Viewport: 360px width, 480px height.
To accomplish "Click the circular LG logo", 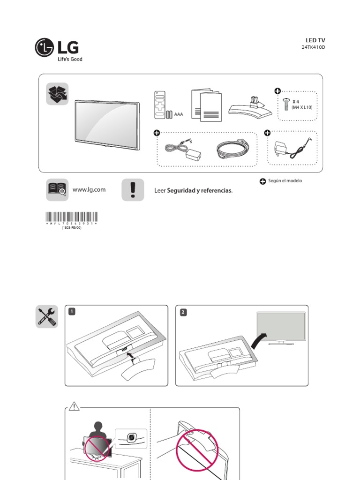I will (45, 47).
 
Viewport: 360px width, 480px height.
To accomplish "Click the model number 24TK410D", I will (313, 48).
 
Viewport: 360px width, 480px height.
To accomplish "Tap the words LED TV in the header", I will (315, 40).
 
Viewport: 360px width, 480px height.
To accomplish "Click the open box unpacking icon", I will (57, 94).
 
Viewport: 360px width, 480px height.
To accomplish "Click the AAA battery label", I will (178, 114).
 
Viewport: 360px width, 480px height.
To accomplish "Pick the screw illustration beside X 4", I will (285, 103).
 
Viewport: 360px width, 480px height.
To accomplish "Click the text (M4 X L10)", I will (302, 108).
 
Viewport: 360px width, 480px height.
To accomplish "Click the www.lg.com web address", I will (89, 190).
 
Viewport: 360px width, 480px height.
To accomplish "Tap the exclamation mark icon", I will (133, 190).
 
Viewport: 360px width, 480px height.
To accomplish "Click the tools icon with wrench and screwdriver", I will (47, 316).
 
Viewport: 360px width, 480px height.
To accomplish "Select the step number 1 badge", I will (71, 311).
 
